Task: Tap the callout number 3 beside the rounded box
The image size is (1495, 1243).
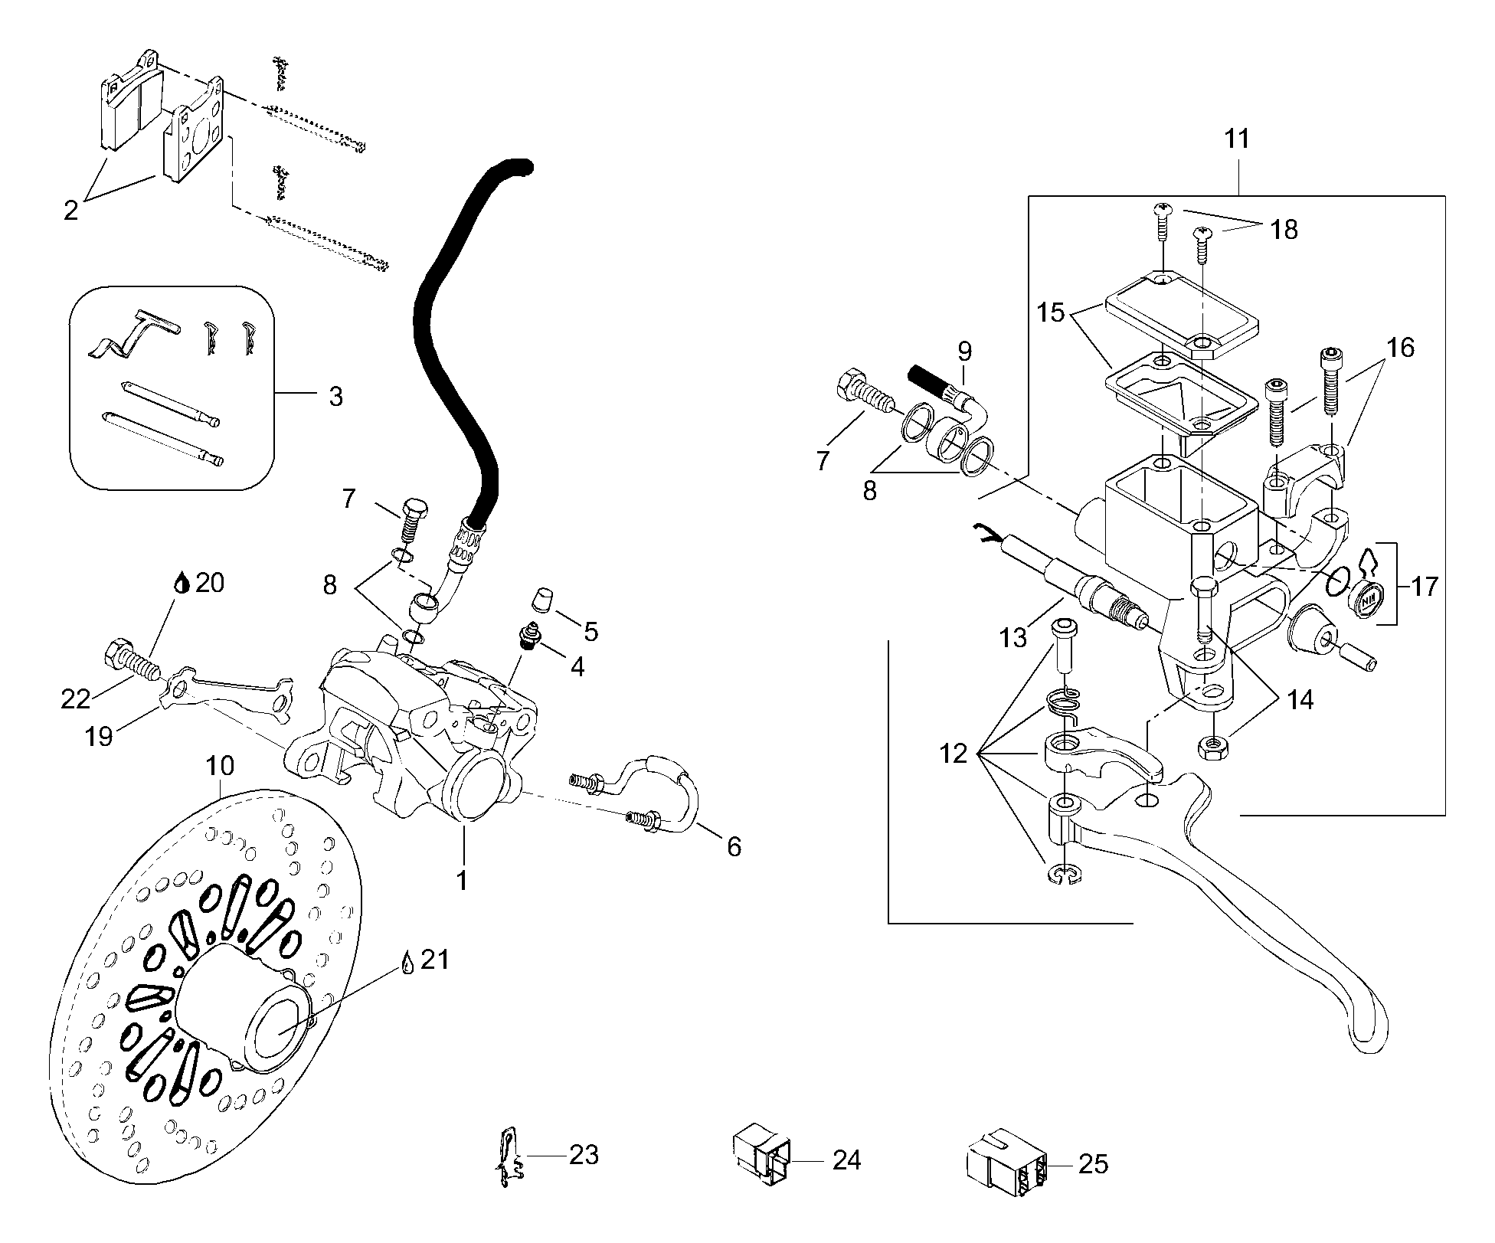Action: [335, 397]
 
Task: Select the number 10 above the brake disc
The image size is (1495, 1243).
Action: [220, 766]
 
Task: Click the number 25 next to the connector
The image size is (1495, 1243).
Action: [1092, 1164]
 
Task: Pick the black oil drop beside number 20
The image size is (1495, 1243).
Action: [181, 584]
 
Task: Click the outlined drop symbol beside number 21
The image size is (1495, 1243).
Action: [407, 963]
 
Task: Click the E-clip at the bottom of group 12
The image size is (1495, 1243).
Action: [1062, 875]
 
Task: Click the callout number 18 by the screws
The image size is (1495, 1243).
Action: [1284, 230]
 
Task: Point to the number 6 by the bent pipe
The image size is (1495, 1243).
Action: [733, 846]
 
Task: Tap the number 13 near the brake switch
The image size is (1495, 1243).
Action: [1012, 637]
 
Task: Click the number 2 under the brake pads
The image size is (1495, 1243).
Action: [70, 210]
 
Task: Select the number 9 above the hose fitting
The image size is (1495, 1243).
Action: [964, 352]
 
